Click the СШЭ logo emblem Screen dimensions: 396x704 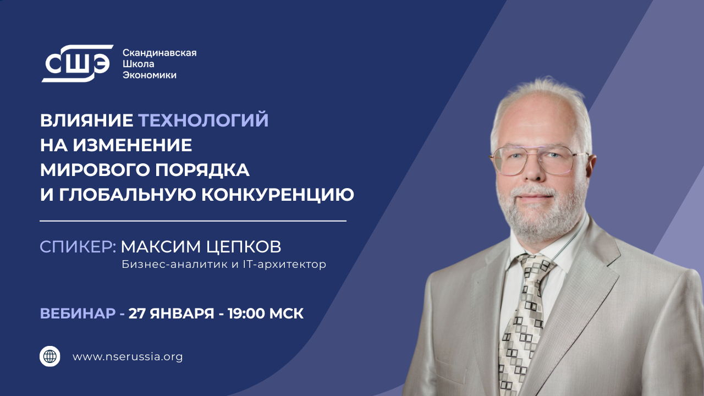coord(77,64)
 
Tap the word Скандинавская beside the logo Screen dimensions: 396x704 coord(159,53)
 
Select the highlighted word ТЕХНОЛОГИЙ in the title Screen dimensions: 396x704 coord(203,120)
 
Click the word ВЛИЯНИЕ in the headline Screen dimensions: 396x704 coord(86,120)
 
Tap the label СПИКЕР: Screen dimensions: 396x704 coord(78,247)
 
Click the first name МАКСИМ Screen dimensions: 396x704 coord(155,247)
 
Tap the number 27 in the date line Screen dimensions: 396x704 coord(137,313)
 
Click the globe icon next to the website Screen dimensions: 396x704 coord(50,356)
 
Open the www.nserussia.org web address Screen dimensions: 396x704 coord(128,357)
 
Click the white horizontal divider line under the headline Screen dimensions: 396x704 coord(193,221)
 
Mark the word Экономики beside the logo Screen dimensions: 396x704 coord(149,75)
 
